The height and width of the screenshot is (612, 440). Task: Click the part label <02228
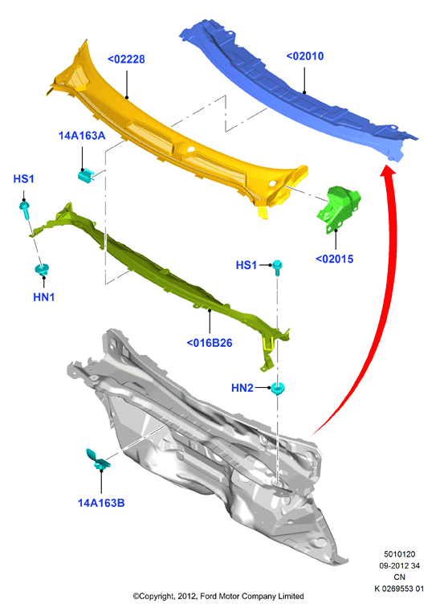point(126,59)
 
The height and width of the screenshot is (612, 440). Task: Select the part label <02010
point(305,56)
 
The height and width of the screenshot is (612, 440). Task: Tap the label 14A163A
point(82,136)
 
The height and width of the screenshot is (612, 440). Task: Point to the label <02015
point(334,259)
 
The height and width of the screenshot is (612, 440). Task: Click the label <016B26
point(210,343)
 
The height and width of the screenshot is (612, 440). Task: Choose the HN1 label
point(43,297)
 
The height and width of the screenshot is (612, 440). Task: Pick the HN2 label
point(242,388)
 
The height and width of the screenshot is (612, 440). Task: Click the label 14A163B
point(101,503)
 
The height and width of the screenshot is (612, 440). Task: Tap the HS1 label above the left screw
point(23,179)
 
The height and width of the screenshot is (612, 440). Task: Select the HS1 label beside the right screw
point(246,265)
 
